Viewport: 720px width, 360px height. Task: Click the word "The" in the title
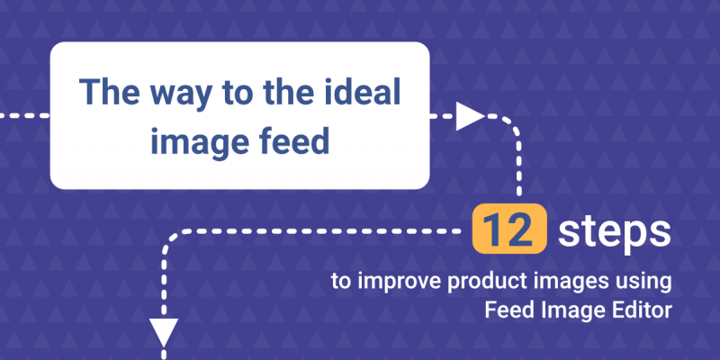[x=109, y=92]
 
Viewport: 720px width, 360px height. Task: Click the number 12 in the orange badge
[x=509, y=229]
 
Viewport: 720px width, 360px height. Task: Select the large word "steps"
[x=614, y=231]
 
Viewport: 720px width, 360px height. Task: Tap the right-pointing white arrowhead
[x=470, y=116]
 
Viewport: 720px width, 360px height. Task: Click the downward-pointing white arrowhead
[x=164, y=332]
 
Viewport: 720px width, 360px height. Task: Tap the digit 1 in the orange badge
[x=493, y=229]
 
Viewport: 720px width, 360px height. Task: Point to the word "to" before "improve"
[x=342, y=283]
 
